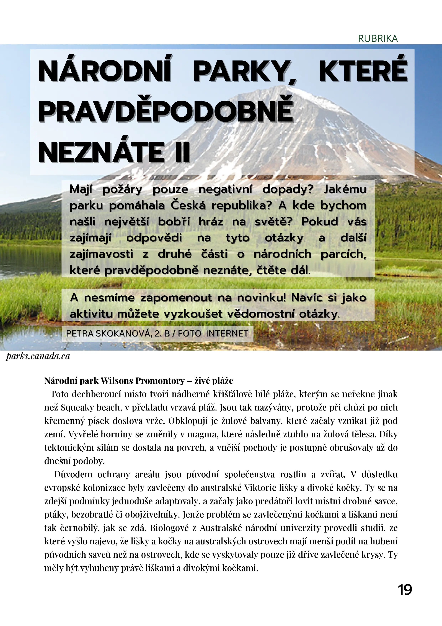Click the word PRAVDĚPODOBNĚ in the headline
166,112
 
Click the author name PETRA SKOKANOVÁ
109,333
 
